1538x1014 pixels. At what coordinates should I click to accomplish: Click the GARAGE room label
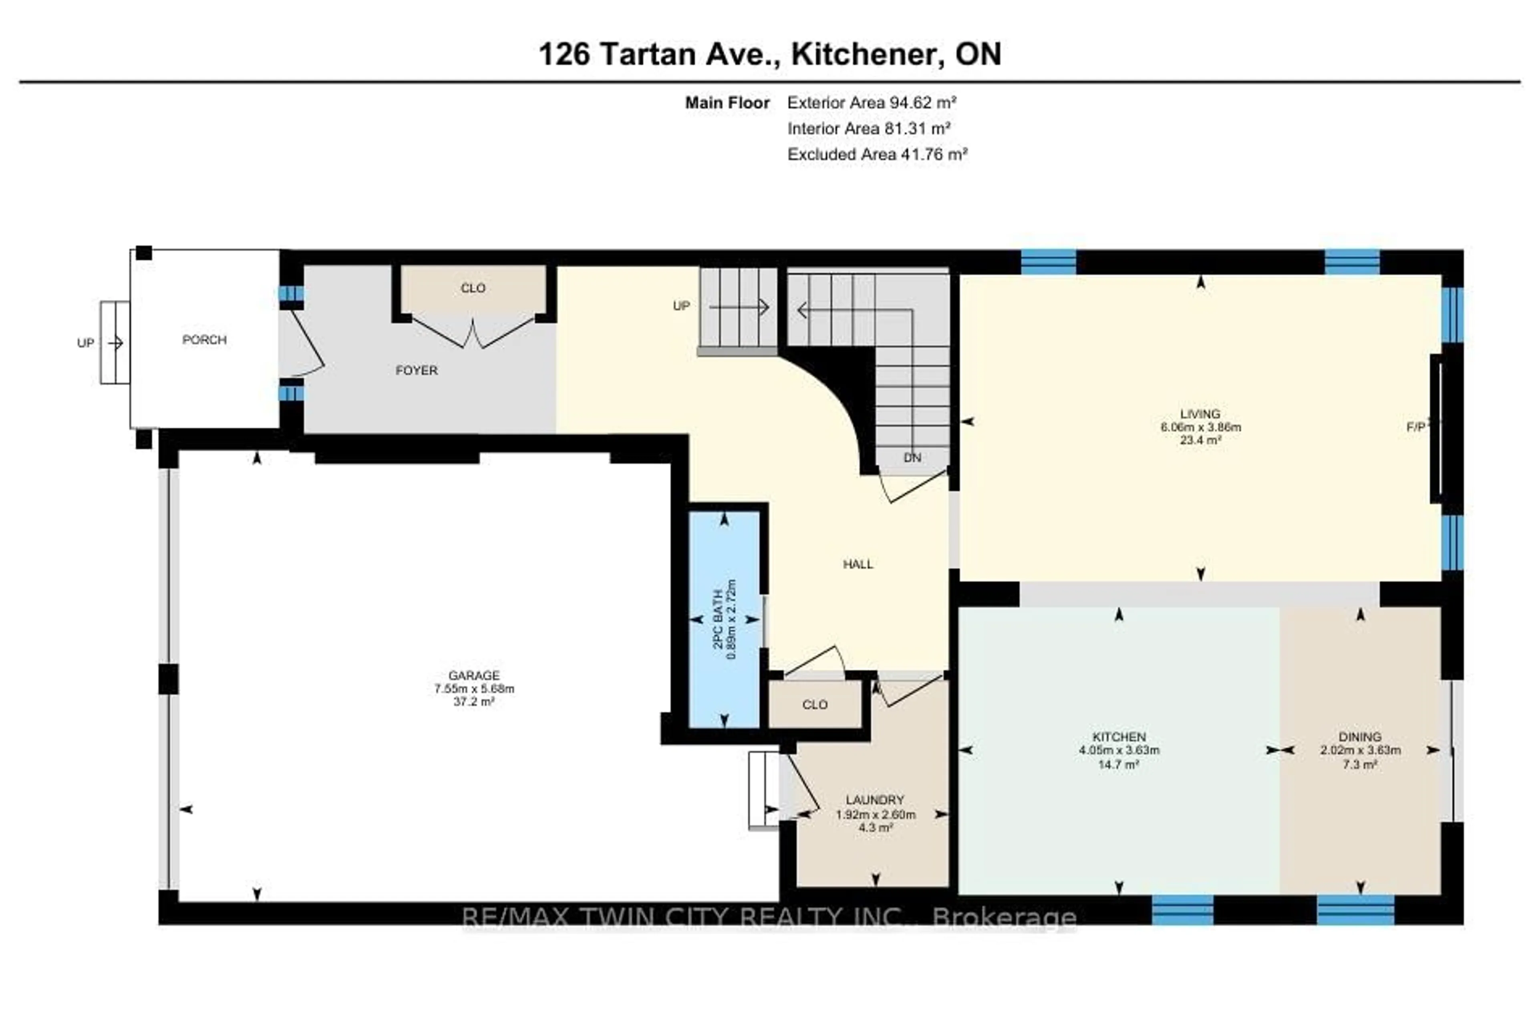pyautogui.click(x=474, y=675)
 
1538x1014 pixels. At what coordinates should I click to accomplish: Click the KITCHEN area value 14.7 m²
pyautogui.click(x=1118, y=764)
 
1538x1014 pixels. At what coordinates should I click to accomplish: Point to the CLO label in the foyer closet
pyautogui.click(x=473, y=288)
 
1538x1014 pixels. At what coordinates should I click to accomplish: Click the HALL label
pyautogui.click(x=858, y=564)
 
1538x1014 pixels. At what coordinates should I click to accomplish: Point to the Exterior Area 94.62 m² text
pyautogui.click(x=872, y=102)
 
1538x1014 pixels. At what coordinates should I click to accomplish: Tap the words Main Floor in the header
pyautogui.click(x=727, y=102)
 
